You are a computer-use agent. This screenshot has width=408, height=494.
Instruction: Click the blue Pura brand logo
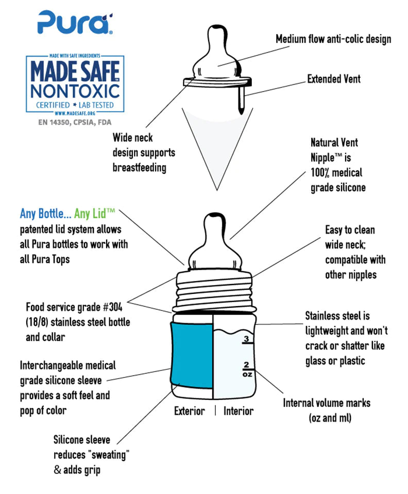(75, 22)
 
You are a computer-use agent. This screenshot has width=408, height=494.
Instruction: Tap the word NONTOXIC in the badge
(75, 92)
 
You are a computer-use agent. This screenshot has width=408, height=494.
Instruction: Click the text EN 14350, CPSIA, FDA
(75, 122)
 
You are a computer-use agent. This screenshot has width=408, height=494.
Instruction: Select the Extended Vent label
(334, 79)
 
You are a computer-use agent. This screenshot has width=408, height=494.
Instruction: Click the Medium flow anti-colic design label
(333, 39)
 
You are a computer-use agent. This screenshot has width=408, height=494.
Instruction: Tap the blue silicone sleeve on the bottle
(192, 356)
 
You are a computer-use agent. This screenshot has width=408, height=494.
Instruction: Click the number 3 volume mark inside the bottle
(246, 339)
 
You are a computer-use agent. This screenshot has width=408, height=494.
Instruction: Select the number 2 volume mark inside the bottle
(246, 364)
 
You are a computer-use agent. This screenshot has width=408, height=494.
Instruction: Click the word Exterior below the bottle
(189, 411)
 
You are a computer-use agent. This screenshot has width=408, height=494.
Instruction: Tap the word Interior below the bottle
(239, 411)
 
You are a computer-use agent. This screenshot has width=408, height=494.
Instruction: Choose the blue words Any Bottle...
(45, 214)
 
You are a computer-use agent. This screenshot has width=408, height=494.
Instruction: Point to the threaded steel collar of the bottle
(213, 291)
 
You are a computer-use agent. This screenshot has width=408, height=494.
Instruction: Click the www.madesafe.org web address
(75, 113)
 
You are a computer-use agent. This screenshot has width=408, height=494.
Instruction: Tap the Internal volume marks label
(326, 403)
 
